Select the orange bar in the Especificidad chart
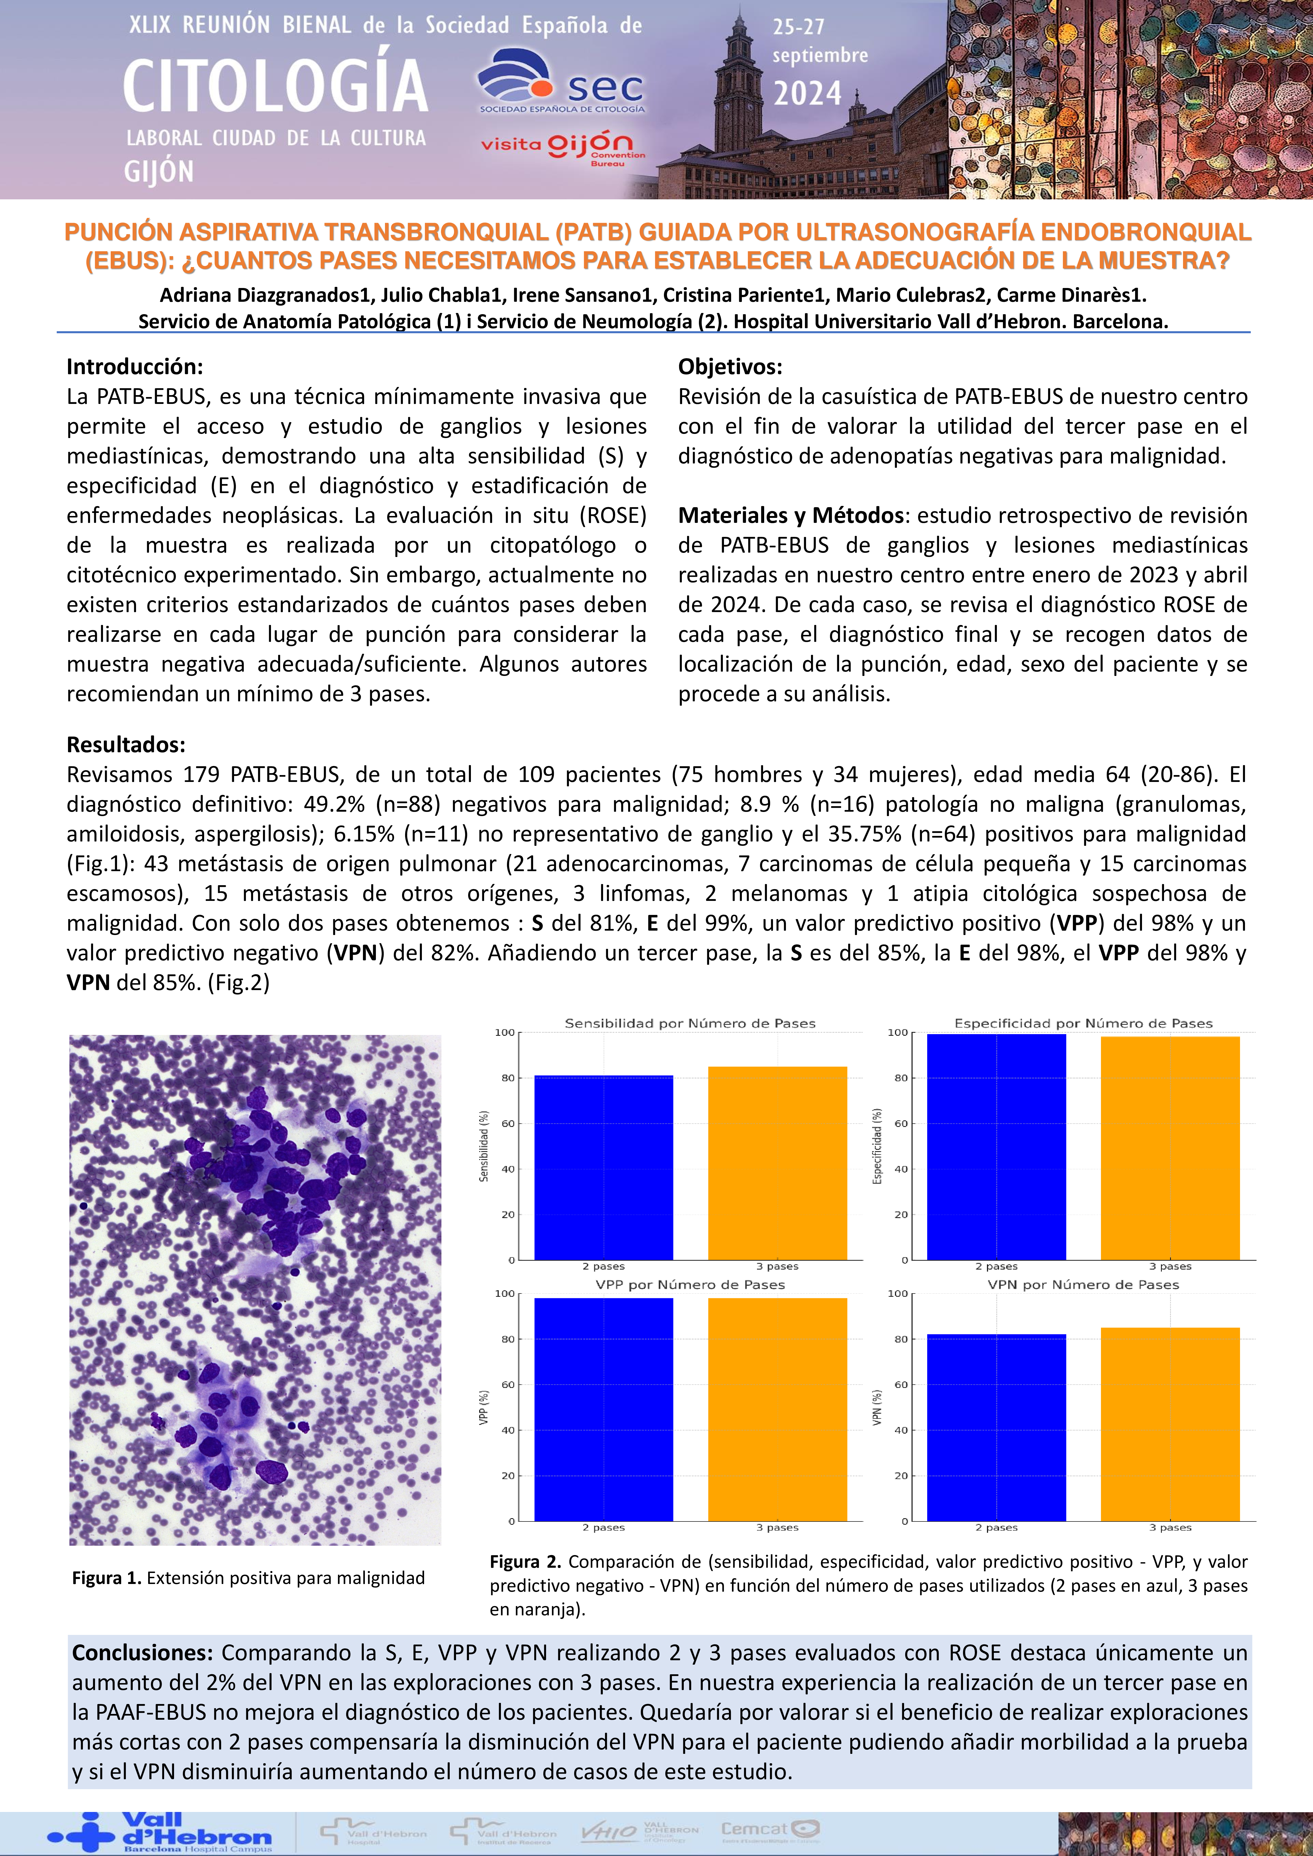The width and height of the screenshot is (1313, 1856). [x=1170, y=1148]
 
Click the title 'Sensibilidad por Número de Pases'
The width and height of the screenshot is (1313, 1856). [x=690, y=1023]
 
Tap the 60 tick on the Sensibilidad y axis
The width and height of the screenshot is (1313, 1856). [x=507, y=1124]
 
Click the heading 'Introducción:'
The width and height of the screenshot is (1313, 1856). [x=134, y=367]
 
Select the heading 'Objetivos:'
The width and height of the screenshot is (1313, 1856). [x=729, y=367]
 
